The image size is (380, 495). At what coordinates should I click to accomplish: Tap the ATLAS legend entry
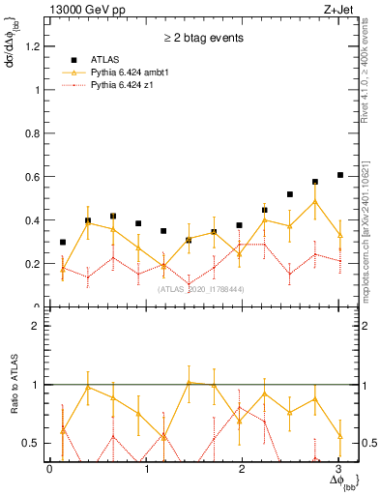107,59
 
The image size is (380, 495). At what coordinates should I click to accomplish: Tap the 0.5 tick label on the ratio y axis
34,443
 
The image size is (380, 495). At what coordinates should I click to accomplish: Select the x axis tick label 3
339,469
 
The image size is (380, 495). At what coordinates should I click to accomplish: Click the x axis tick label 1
146,469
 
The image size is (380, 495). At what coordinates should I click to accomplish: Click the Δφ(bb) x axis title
342,480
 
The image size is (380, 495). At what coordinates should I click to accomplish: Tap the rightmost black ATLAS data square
339,175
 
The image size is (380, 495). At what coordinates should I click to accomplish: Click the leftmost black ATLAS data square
63,242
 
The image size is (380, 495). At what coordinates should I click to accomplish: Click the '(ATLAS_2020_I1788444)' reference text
200,289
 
